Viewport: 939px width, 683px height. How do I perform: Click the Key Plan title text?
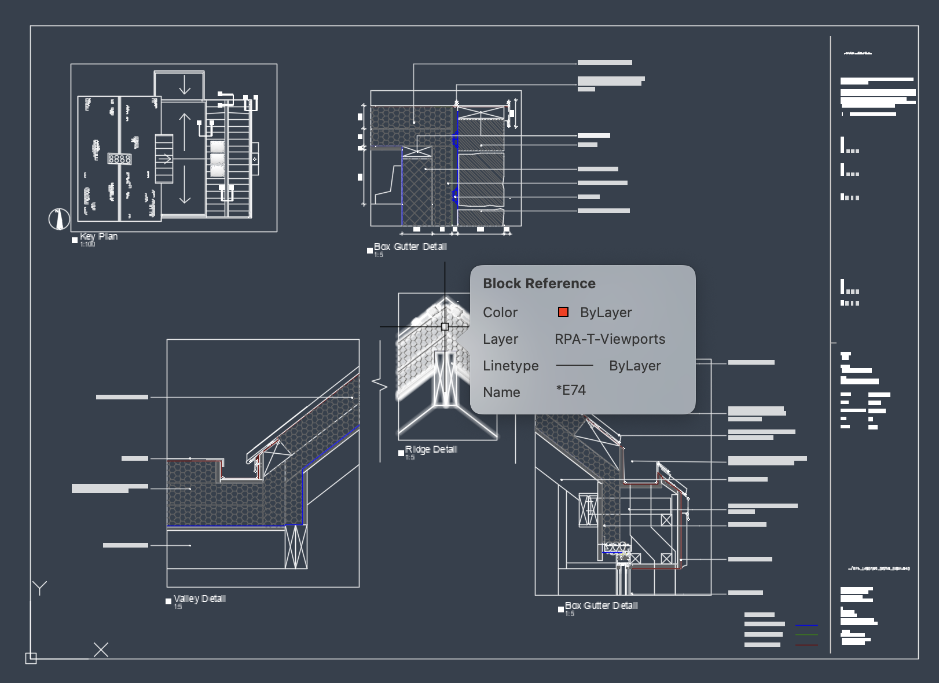coord(99,236)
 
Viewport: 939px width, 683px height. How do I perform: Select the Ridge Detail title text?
coord(431,449)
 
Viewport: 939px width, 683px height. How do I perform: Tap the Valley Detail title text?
coord(200,598)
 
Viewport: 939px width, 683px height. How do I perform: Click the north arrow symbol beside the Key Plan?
coord(58,219)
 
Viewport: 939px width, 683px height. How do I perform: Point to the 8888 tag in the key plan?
coord(119,159)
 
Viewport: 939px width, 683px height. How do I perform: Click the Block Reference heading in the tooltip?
coord(539,284)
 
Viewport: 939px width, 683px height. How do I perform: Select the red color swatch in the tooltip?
coord(563,313)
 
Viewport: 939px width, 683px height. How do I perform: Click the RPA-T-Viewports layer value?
coord(610,339)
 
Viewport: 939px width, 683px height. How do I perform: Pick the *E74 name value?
coord(571,391)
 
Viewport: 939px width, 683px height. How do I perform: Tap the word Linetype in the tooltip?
coord(511,366)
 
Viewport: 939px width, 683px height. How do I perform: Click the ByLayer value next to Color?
coord(606,313)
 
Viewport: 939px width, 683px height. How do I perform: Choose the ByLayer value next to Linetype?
coord(634,366)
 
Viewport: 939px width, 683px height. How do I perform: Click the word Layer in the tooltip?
coord(500,339)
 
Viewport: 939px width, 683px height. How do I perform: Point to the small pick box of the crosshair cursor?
coord(445,327)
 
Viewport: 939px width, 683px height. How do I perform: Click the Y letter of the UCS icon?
coord(40,588)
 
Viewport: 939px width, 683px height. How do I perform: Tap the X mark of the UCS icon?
coord(101,649)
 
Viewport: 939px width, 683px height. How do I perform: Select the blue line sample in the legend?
coord(806,625)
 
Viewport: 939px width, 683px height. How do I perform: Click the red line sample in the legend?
coord(806,644)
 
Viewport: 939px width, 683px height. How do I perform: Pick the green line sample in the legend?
coord(806,635)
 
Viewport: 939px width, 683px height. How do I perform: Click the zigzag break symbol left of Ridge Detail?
coord(380,384)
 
